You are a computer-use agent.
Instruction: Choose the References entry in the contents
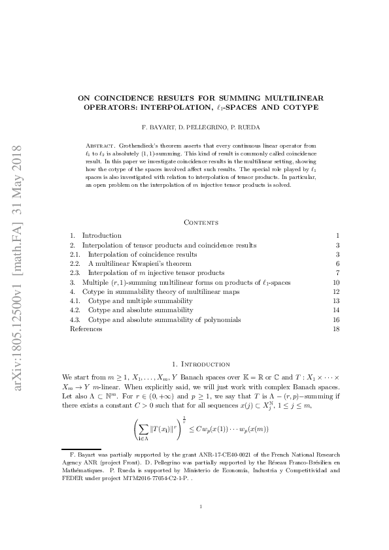pyautogui.click(x=86, y=329)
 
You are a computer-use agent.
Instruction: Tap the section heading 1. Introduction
pyautogui.click(x=194, y=363)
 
